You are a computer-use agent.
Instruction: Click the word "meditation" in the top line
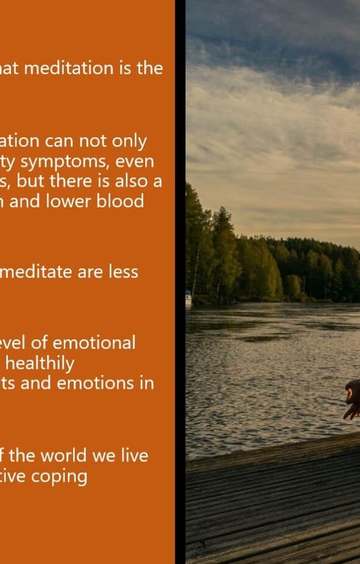69,68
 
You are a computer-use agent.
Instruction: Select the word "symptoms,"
65,162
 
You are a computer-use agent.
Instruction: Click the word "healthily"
40,364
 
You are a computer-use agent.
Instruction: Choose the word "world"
63,456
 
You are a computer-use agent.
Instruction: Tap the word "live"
134,456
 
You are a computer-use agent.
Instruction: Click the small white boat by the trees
189,298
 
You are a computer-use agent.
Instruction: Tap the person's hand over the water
351,400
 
